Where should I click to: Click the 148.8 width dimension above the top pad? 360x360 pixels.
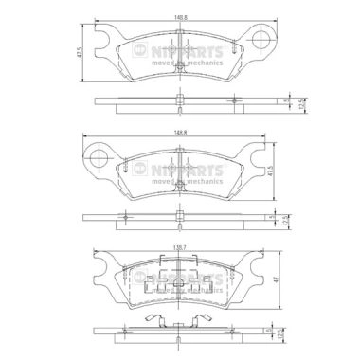[x=179, y=16]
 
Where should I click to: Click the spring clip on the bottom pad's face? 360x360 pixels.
[x=179, y=284]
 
